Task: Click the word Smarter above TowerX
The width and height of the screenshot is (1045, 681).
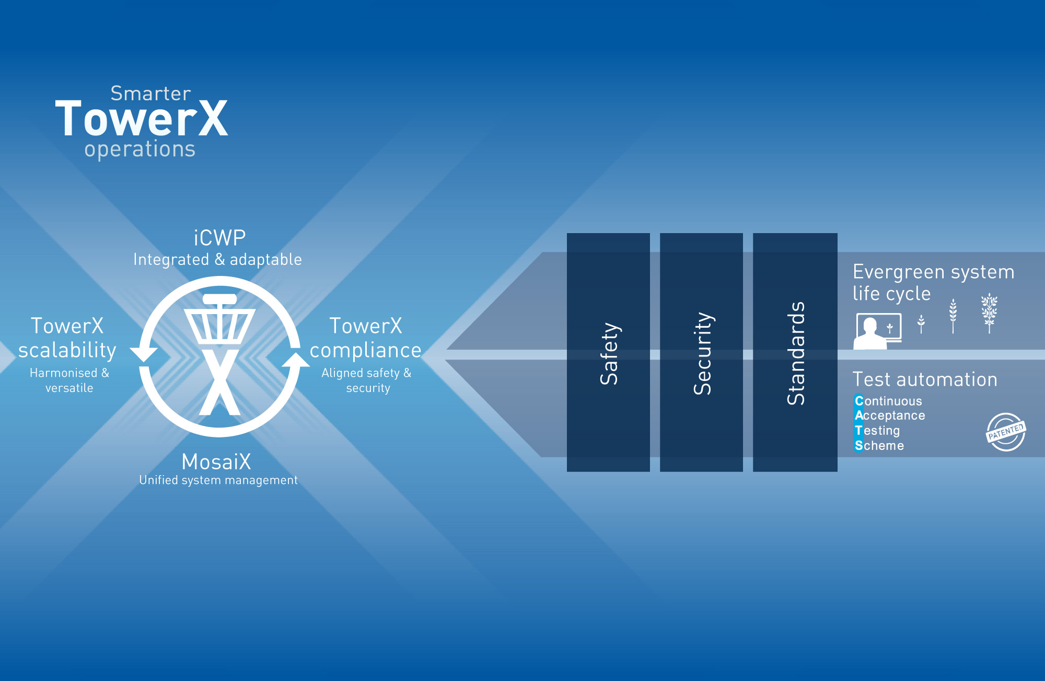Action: (x=150, y=94)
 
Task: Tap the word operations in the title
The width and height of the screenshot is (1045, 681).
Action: (x=140, y=149)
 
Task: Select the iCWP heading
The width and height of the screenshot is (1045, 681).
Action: (x=219, y=238)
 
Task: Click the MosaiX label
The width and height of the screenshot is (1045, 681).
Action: (x=216, y=462)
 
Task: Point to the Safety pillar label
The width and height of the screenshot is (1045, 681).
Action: (x=609, y=353)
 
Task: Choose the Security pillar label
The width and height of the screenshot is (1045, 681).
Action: (x=702, y=353)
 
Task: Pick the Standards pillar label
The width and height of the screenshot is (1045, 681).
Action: (x=795, y=353)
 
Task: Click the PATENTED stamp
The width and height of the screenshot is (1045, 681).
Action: (x=1005, y=432)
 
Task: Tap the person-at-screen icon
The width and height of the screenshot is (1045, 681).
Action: (x=877, y=331)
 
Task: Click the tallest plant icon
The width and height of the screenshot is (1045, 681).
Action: (x=989, y=313)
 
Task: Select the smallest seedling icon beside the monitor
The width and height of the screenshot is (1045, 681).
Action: (x=921, y=324)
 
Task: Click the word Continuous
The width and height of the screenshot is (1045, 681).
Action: (x=888, y=401)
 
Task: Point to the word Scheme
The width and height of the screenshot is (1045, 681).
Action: (x=879, y=446)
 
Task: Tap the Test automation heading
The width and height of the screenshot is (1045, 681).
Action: (x=925, y=379)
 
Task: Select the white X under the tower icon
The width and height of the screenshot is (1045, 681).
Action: (x=219, y=382)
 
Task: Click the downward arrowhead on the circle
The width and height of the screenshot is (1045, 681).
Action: (x=144, y=354)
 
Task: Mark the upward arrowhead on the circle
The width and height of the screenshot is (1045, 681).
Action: (x=296, y=360)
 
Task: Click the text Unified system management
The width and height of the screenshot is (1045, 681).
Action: (x=218, y=480)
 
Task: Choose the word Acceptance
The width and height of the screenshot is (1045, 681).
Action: (x=890, y=416)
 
